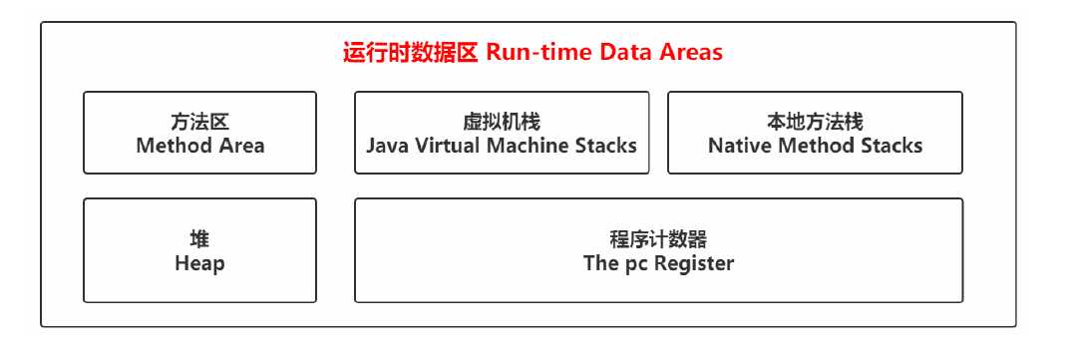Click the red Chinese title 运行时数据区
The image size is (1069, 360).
(410, 53)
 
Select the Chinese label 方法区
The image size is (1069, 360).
(199, 123)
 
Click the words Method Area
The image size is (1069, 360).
(200, 146)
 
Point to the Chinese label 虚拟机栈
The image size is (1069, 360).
(502, 123)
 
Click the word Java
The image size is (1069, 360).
(388, 146)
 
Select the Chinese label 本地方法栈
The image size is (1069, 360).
(815, 123)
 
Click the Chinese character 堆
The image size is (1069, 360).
(199, 240)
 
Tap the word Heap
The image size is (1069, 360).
(199, 263)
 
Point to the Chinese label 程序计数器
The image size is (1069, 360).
(658, 240)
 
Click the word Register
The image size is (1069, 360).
(694, 263)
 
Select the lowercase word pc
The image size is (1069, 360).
(635, 264)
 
